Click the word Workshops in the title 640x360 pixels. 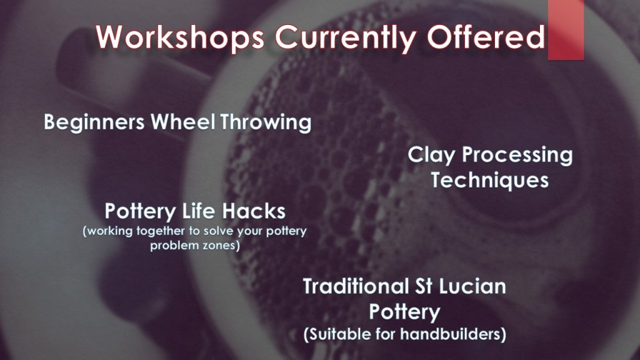pos(180,37)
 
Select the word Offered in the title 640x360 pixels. pos(486,37)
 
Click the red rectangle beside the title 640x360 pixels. pos(566,30)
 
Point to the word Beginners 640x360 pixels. pos(94,122)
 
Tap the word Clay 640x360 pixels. pos(431,156)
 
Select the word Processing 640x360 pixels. pos(517,156)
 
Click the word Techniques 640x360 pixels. pos(490,181)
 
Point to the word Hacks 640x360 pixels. pos(254,211)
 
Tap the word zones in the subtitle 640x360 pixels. pos(224,246)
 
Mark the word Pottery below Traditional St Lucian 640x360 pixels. pos(404,312)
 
